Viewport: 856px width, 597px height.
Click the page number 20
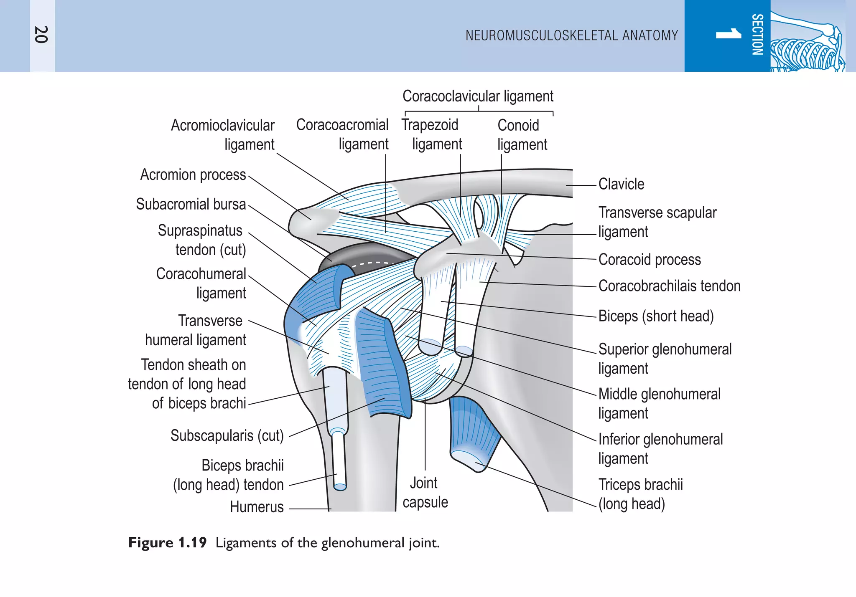[41, 35]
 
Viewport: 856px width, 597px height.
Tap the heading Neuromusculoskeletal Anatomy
[571, 35]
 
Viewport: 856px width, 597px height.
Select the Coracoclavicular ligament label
[477, 96]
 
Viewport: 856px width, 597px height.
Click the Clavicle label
[621, 184]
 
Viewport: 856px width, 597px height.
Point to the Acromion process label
[193, 175]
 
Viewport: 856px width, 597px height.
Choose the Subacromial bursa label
[191, 204]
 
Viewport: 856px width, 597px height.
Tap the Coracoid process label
[650, 259]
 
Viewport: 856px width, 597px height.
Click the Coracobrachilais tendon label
[669, 286]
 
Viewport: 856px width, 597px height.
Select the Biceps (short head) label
[656, 316]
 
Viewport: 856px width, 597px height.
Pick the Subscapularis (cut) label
[227, 435]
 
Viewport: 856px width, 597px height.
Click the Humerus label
[257, 507]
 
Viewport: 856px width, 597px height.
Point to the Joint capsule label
[425, 493]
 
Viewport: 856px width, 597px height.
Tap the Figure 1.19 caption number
[168, 543]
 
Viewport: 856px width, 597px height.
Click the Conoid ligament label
[522, 135]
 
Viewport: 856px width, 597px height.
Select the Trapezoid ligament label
[431, 134]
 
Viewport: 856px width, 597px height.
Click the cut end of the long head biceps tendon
[340, 487]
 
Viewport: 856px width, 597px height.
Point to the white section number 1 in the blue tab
[728, 34]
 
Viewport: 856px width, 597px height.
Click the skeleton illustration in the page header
[807, 42]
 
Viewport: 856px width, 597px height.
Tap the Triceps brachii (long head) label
[640, 494]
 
